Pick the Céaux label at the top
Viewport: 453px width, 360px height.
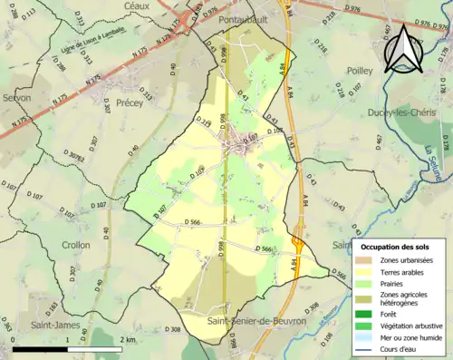(138, 5)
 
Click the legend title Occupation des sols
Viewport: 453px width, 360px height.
(397, 248)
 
